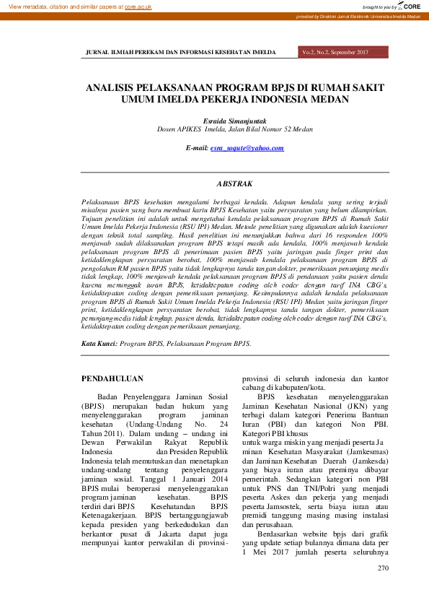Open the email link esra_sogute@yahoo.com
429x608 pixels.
[x=247, y=148]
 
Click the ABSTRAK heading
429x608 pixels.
[x=234, y=185]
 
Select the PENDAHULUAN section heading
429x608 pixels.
[x=112, y=378]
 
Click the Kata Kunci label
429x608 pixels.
[x=99, y=344]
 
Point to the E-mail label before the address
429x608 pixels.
[x=197, y=148]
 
